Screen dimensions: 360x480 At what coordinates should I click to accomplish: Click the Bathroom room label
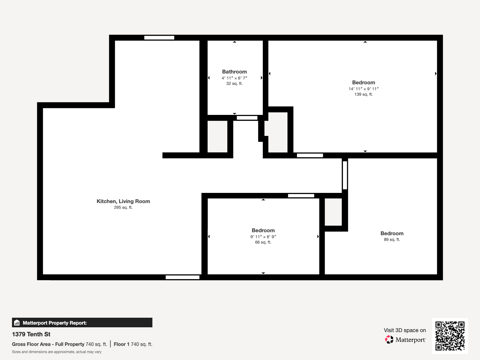(x=234, y=72)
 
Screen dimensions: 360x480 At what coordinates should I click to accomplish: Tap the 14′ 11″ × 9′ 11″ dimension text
(x=363, y=89)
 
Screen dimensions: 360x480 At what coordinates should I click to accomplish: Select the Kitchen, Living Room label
(x=123, y=201)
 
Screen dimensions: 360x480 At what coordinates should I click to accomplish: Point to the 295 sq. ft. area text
(x=123, y=208)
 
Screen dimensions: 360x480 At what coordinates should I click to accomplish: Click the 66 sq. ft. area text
(x=263, y=242)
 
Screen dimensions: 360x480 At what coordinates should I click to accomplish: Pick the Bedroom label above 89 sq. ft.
(x=392, y=233)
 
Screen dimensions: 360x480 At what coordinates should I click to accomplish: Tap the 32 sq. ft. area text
(x=234, y=84)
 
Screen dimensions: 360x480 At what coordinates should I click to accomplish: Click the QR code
(x=450, y=336)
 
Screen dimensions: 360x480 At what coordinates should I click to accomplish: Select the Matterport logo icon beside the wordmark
(x=389, y=340)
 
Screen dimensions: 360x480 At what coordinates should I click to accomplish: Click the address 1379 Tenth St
(x=31, y=334)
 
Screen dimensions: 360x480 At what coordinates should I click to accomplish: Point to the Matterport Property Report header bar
(x=82, y=323)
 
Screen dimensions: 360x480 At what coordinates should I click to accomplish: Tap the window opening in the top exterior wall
(x=159, y=38)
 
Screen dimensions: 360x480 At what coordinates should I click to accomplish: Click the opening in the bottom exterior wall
(x=182, y=277)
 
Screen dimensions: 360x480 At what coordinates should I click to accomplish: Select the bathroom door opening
(x=247, y=118)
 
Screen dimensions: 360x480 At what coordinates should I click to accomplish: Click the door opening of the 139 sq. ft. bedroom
(x=310, y=155)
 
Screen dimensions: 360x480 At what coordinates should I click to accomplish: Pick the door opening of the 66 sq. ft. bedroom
(x=301, y=196)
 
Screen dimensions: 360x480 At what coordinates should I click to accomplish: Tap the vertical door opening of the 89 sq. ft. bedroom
(x=345, y=175)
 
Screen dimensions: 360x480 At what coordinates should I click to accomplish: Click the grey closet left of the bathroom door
(x=217, y=136)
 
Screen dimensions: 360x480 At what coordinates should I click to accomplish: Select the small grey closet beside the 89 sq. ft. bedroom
(x=333, y=212)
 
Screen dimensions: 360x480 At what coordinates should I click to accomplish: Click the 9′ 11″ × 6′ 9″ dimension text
(x=263, y=237)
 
